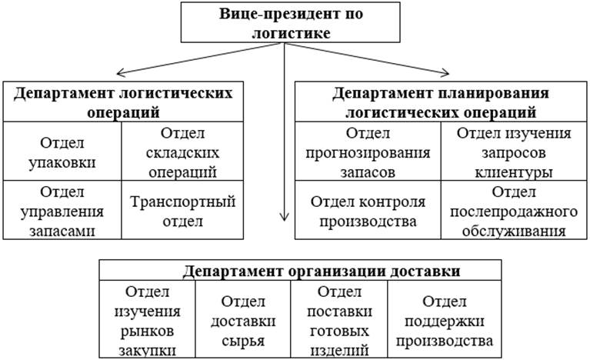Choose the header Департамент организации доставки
(300, 271)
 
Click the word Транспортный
(182, 202)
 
